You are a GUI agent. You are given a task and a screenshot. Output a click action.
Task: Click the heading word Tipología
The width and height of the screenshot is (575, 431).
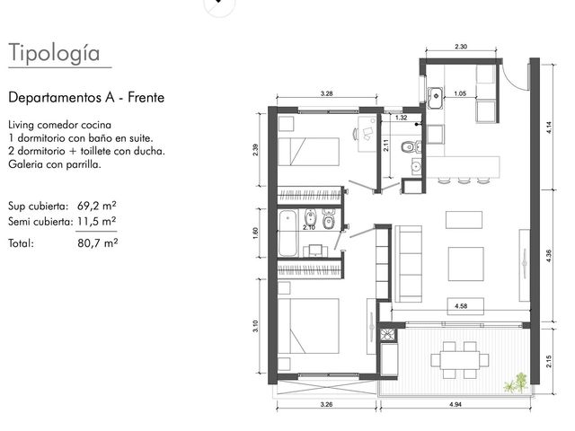pyautogui.click(x=54, y=53)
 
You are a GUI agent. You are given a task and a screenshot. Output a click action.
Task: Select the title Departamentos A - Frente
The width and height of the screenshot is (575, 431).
pyautogui.click(x=86, y=98)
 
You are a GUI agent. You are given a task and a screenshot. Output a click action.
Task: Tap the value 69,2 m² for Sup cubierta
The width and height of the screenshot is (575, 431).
pyautogui.click(x=97, y=206)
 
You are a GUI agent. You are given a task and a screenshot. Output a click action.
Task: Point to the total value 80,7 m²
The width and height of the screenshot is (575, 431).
pyautogui.click(x=98, y=243)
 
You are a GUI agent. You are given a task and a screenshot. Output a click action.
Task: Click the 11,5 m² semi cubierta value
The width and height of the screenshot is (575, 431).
pyautogui.click(x=97, y=222)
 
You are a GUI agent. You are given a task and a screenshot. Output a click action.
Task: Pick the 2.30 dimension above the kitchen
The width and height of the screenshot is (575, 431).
pyautogui.click(x=461, y=47)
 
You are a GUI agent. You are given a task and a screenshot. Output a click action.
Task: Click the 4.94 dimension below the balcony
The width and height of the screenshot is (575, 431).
pyautogui.click(x=456, y=405)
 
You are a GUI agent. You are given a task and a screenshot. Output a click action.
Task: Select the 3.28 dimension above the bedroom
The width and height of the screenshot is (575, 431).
pyautogui.click(x=326, y=93)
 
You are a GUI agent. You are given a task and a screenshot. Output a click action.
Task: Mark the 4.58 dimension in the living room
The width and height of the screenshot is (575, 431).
pyautogui.click(x=461, y=305)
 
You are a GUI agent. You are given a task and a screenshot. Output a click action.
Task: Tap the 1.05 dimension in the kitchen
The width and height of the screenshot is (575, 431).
pyautogui.click(x=460, y=93)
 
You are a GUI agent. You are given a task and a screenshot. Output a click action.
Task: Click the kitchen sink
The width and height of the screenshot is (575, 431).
pyautogui.click(x=436, y=98)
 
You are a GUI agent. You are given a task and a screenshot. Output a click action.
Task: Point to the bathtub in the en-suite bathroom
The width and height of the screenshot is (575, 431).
pyautogui.click(x=287, y=233)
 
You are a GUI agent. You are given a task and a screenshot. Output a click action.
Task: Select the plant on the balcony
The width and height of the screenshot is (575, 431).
pyautogui.click(x=515, y=383)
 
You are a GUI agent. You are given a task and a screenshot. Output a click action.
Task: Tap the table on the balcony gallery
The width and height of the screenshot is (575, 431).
pyautogui.click(x=460, y=360)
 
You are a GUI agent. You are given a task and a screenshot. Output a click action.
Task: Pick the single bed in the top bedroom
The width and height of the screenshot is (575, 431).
pyautogui.click(x=309, y=152)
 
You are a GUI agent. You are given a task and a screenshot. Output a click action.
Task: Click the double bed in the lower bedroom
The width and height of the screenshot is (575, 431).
pyautogui.click(x=308, y=326)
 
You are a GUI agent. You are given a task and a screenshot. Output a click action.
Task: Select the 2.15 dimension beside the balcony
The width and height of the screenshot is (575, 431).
pyautogui.click(x=549, y=361)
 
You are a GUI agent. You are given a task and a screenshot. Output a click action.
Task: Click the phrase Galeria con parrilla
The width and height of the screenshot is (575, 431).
pyautogui.click(x=55, y=164)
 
